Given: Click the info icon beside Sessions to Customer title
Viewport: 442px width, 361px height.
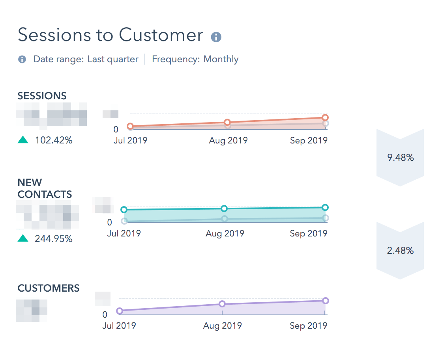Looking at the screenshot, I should pos(216,37).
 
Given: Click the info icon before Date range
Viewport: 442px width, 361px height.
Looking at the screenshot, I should pos(22,60).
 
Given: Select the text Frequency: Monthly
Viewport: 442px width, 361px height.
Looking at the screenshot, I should pos(195,60).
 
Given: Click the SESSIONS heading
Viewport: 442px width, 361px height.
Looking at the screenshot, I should pos(42,96).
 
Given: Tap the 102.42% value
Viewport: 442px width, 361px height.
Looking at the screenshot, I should pos(54,140).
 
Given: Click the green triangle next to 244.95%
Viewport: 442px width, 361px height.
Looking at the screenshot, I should pos(23,238).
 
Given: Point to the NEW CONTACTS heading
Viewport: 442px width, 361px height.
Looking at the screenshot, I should pos(45,188).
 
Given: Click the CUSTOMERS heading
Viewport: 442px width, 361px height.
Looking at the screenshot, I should pos(49,288).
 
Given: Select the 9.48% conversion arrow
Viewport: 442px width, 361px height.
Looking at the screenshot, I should pos(400,158).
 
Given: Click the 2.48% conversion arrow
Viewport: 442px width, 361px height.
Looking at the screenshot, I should pos(400,251).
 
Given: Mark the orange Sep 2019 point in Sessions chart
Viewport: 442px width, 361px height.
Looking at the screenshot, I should pos(325,117).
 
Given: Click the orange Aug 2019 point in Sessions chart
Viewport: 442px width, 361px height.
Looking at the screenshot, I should pos(227,122).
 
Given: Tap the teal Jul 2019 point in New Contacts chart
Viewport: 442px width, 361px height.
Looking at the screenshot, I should pos(124,210).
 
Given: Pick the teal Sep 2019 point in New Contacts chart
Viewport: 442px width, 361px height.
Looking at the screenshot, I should pos(325,207).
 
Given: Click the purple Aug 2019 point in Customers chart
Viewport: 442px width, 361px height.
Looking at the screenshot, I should pos(222,304).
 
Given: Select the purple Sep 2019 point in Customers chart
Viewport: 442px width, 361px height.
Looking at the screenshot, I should pos(325,301).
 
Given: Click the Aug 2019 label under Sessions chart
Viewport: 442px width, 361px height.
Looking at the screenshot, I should pos(228,141).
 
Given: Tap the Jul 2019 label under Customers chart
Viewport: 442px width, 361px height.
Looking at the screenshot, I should pos(119,326).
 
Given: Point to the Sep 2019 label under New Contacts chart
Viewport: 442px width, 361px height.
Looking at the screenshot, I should pos(308,234).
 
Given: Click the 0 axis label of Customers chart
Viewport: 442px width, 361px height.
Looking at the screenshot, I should pos(105,315).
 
